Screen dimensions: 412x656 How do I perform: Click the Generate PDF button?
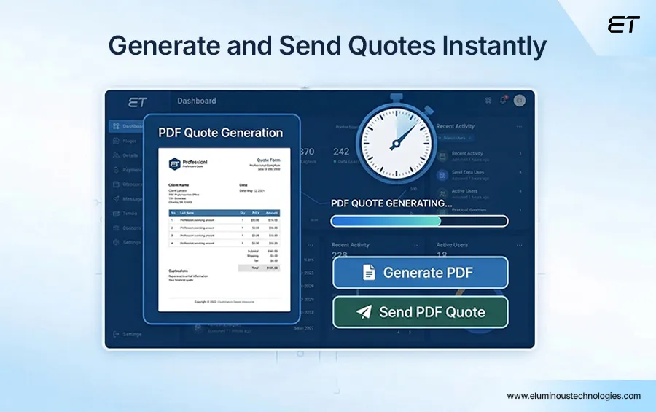[421, 273]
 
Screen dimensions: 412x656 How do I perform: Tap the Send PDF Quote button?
[421, 312]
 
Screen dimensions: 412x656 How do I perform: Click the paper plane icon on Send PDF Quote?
[364, 312]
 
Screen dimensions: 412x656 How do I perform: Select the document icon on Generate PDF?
[369, 273]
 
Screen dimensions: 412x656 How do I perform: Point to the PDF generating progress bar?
[419, 221]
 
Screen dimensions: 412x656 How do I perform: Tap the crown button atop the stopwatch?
[396, 97]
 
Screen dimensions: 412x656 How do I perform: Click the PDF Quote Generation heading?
[220, 133]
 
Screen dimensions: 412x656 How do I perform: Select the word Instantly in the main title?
[495, 46]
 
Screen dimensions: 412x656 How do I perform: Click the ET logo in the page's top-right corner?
[623, 25]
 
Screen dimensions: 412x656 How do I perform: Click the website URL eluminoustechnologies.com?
[574, 396]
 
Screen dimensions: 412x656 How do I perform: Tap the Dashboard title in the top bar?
[196, 101]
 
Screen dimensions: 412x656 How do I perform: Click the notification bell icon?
[503, 101]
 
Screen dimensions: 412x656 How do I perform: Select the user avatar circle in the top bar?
[519, 101]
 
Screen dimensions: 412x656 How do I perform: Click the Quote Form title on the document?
[263, 160]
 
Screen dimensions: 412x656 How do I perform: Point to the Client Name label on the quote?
[179, 185]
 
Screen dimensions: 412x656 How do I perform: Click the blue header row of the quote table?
[224, 213]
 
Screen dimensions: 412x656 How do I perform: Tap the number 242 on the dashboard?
[341, 152]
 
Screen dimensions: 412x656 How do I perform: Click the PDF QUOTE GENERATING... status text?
[391, 203]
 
